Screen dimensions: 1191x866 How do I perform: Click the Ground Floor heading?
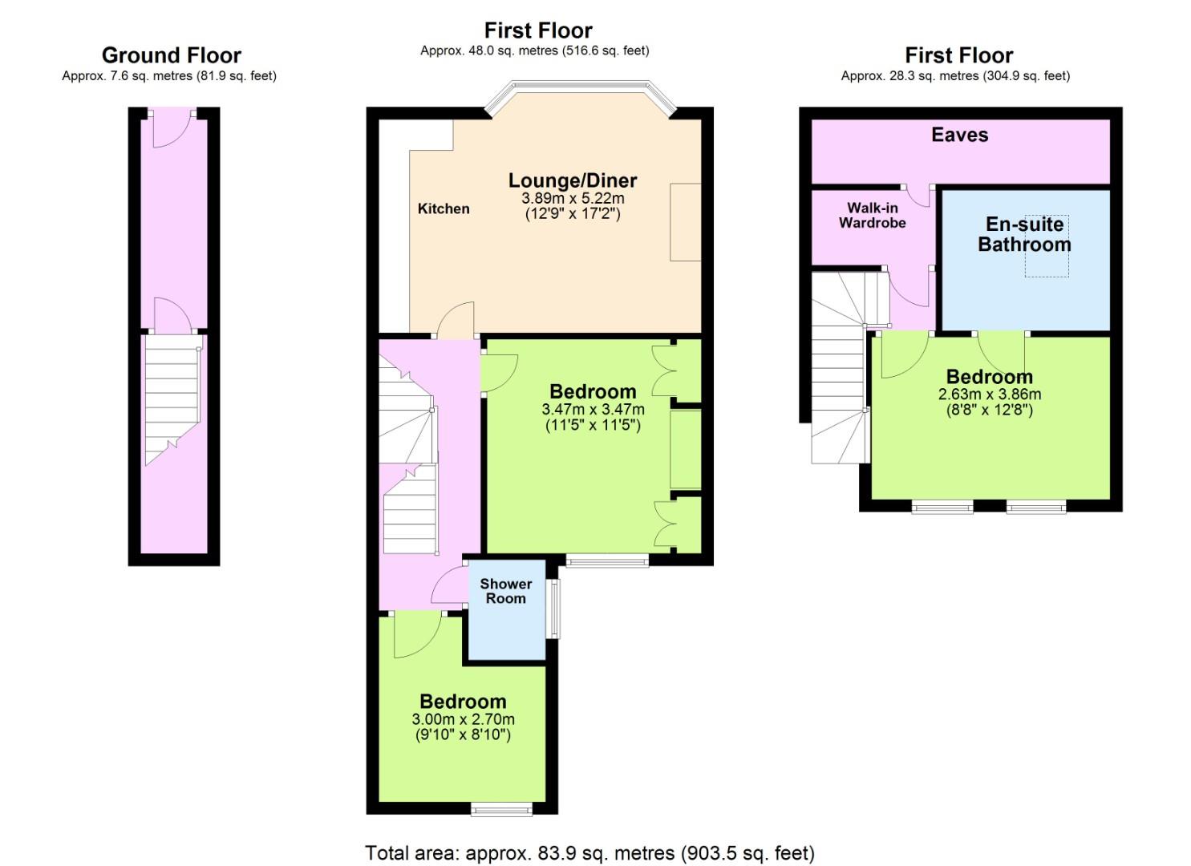[x=171, y=55]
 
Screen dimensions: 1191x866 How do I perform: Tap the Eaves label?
[x=960, y=135]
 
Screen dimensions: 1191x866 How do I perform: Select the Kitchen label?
[x=444, y=209]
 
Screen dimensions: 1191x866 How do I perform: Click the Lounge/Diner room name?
[x=573, y=180]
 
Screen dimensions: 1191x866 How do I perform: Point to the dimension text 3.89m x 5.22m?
[x=573, y=199]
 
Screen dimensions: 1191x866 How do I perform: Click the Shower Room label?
[x=505, y=591]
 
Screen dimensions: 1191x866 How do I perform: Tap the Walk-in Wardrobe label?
[x=873, y=216]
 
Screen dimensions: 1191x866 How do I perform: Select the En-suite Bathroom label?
[x=1024, y=234]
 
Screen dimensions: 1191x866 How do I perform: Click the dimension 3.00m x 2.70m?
[x=463, y=720]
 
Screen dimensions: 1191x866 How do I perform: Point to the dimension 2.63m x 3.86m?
[x=990, y=395]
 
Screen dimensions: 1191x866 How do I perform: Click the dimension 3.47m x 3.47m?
[x=593, y=410]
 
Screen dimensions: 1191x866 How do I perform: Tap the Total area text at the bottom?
[x=589, y=853]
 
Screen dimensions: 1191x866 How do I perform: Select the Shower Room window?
[x=554, y=609]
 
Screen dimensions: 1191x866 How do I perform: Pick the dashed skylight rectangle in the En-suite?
[x=1047, y=246]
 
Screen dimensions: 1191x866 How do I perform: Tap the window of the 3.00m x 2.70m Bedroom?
[x=501, y=809]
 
